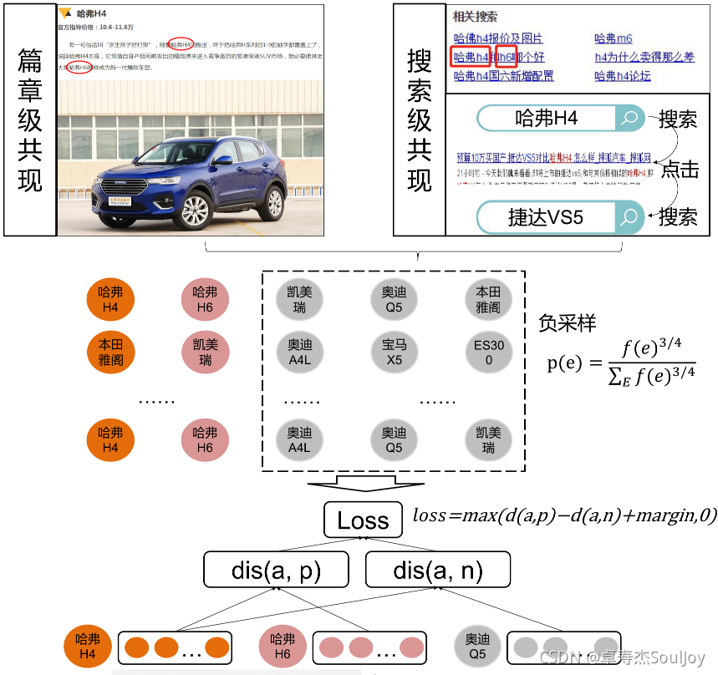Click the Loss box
363,520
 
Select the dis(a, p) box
276,571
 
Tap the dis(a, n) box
437,571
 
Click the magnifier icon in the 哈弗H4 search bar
631,118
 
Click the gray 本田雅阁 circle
488,300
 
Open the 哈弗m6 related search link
614,38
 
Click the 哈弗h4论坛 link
622,76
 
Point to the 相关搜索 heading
475,17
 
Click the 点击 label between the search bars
680,169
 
